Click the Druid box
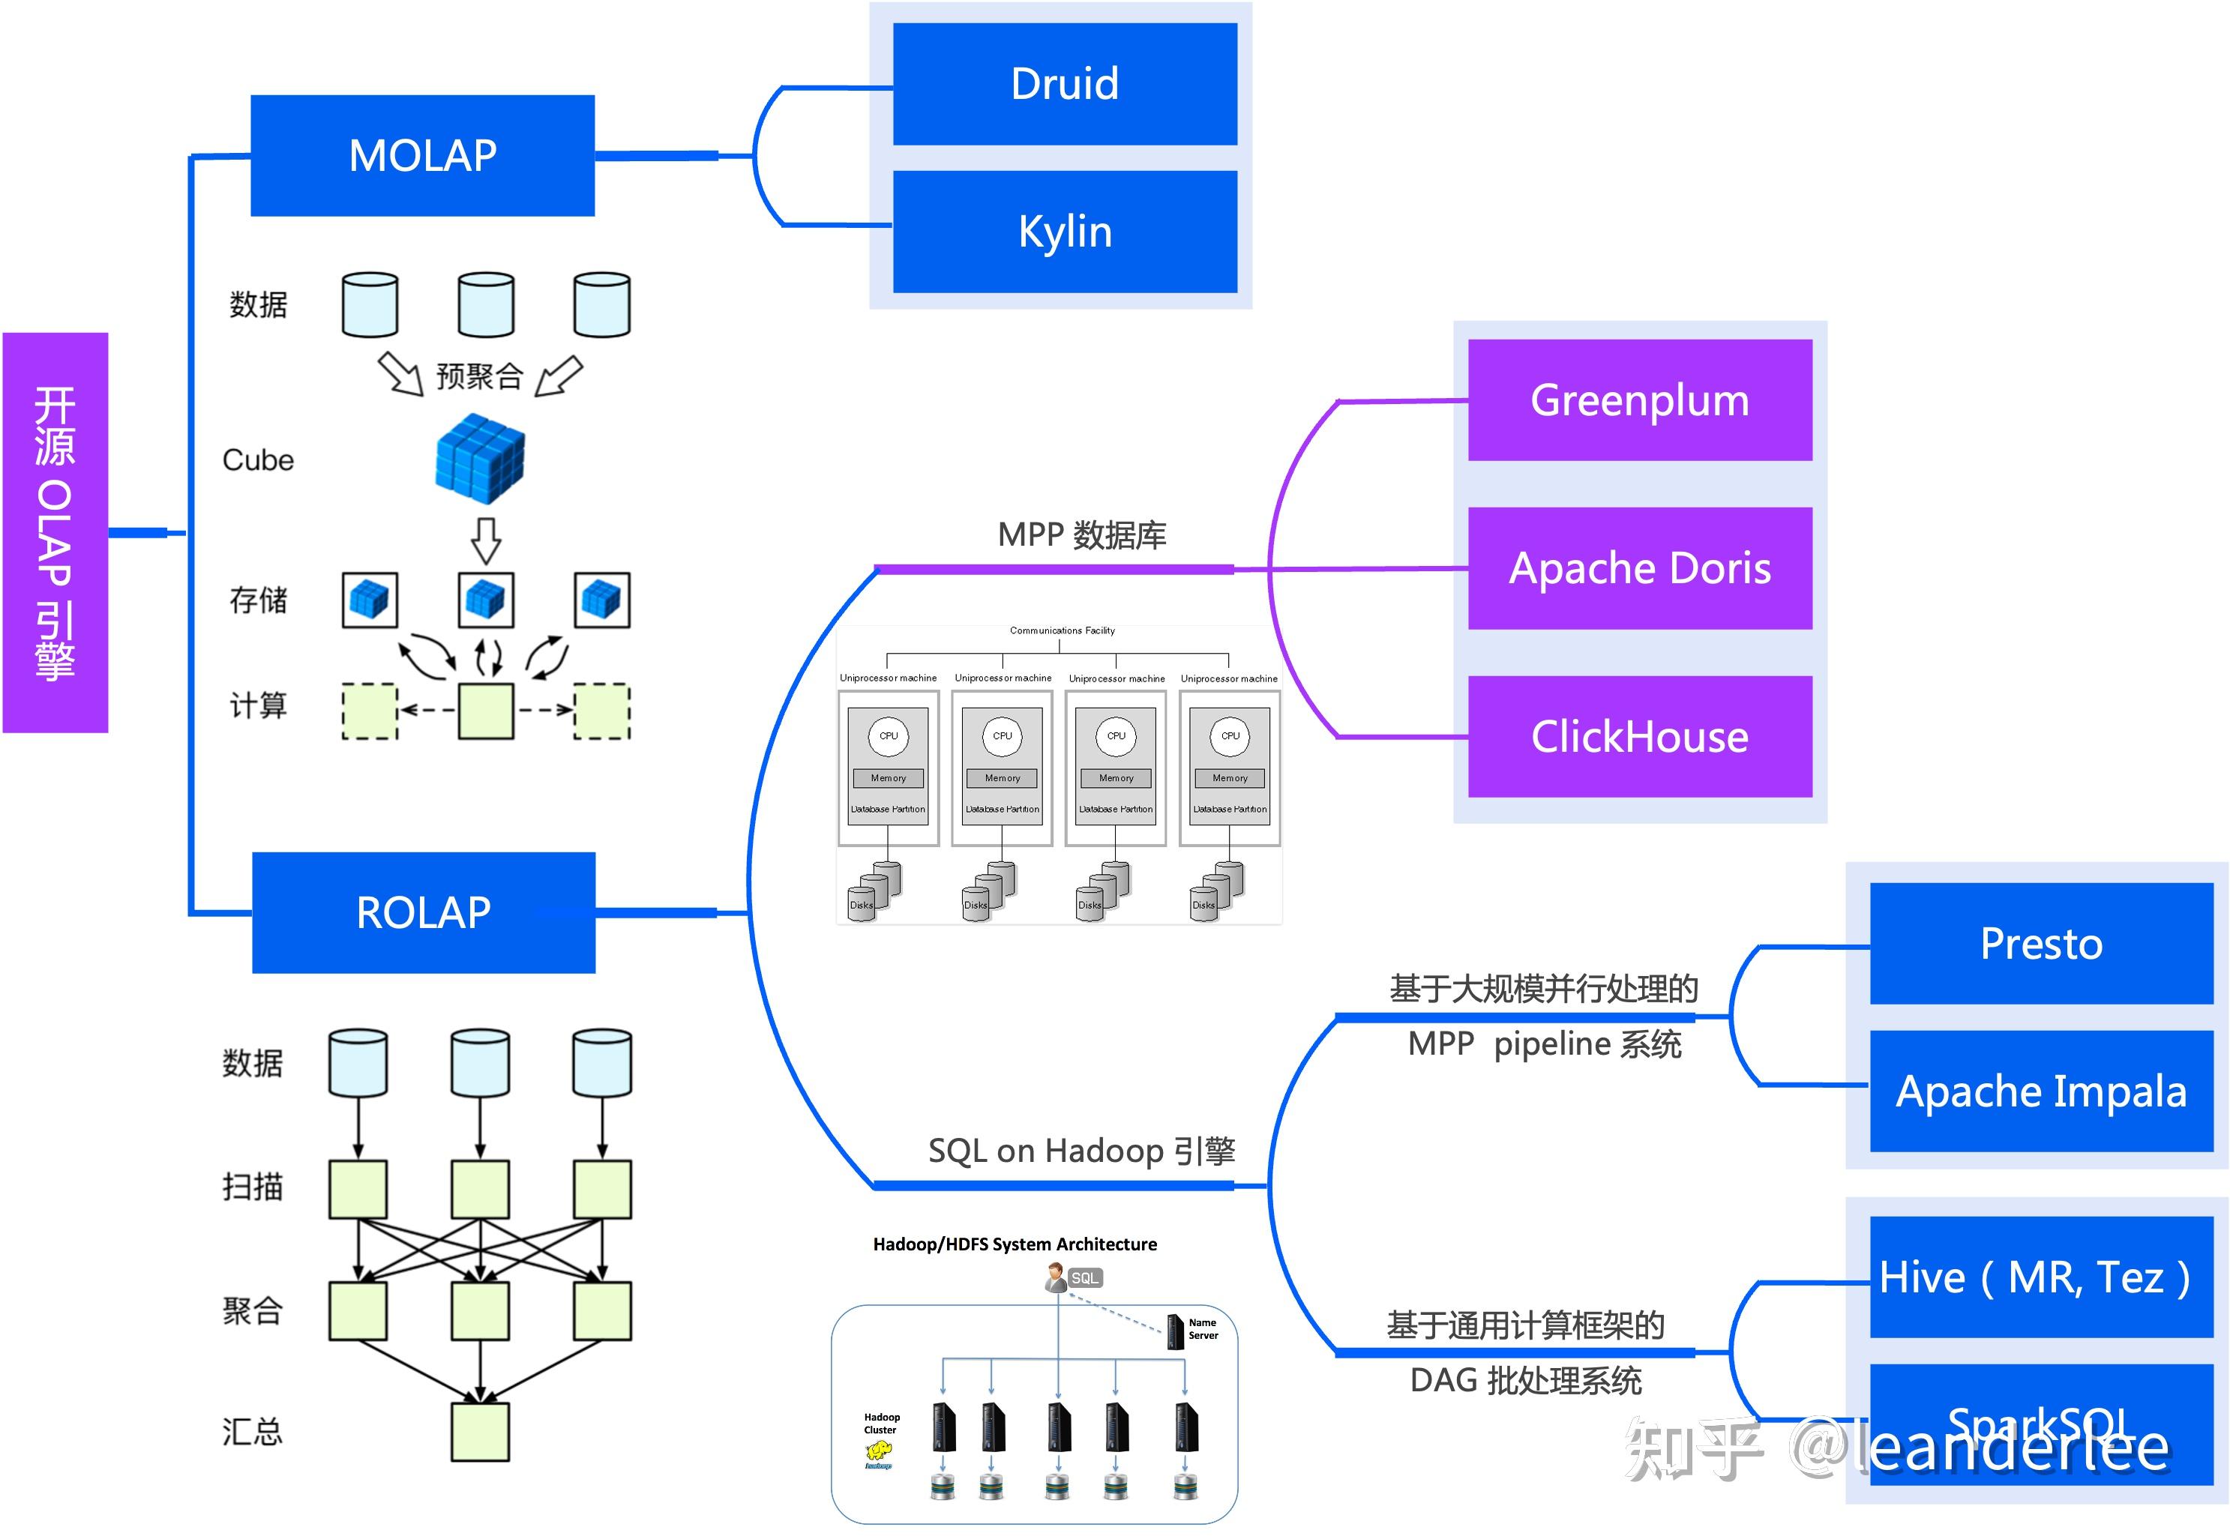pyautogui.click(x=1064, y=84)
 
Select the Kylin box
pyautogui.click(x=1064, y=232)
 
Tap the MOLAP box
pyautogui.click(x=422, y=155)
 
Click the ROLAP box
pyautogui.click(x=424, y=912)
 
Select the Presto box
pyautogui.click(x=2040, y=943)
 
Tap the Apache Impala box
pyautogui.click(x=2040, y=1091)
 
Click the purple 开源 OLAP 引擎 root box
pyautogui.click(x=55, y=532)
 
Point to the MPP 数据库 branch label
pyautogui.click(x=1081, y=535)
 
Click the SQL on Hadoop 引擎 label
pyautogui.click(x=1081, y=1151)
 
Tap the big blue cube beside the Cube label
pyautogui.click(x=479, y=459)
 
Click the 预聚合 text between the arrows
pyautogui.click(x=479, y=375)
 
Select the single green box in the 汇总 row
pyautogui.click(x=479, y=1431)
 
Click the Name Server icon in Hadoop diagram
pyautogui.click(x=1175, y=1331)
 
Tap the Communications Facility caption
pyautogui.click(x=1062, y=630)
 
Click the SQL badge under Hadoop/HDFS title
pyautogui.click(x=1085, y=1277)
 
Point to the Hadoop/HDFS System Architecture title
pyautogui.click(x=1015, y=1244)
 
